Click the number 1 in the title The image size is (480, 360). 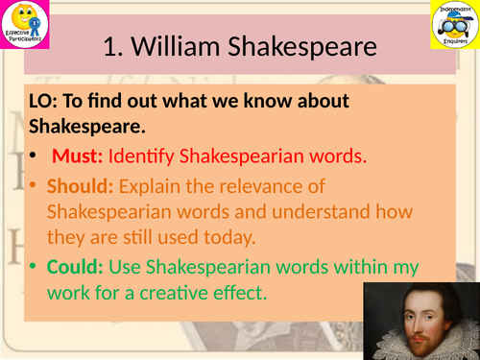108,47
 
